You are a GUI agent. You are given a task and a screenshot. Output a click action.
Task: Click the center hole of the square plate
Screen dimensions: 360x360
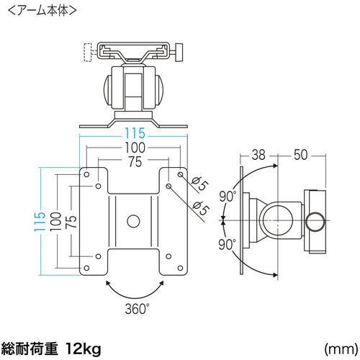point(133,220)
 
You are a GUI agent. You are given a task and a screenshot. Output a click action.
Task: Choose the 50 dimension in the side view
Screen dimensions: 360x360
point(301,154)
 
